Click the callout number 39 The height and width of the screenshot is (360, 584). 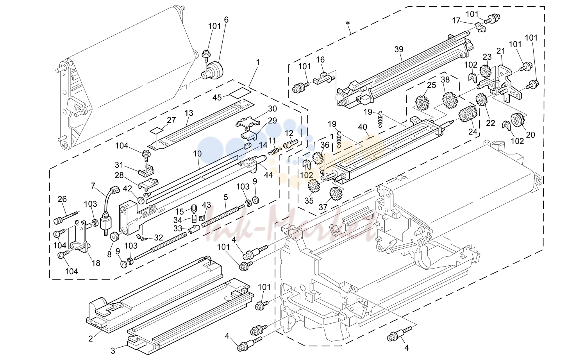coord(399,49)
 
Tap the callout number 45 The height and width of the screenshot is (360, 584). coord(217,98)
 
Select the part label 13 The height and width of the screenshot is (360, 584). coord(189,113)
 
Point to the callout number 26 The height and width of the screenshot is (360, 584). coord(62,199)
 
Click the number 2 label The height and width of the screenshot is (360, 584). coord(91,339)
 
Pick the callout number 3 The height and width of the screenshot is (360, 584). coord(113,351)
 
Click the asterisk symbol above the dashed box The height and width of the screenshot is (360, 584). coord(348,23)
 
